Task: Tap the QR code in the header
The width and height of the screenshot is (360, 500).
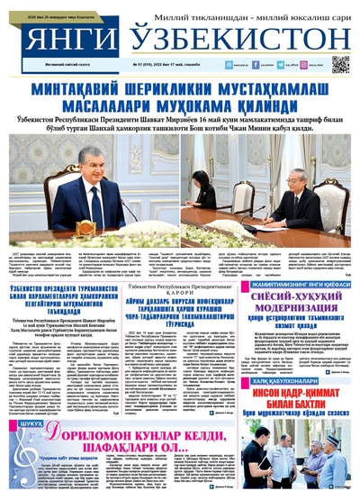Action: [x=339, y=63]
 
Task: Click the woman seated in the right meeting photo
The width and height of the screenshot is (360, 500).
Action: [x=206, y=193]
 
